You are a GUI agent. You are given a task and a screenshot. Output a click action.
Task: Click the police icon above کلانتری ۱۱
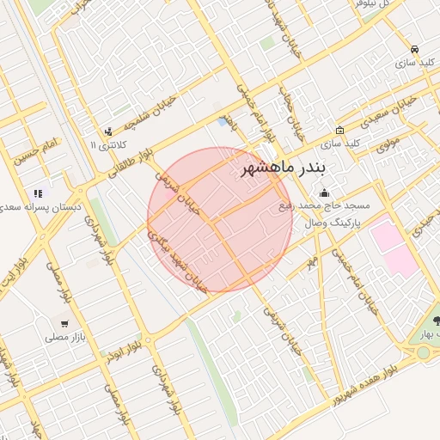coord(108,131)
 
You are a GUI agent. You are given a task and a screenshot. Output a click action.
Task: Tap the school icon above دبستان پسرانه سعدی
coord(38,194)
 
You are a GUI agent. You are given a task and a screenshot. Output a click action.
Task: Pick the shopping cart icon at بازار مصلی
coord(64,325)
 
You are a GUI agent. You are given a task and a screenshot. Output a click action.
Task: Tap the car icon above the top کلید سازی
coord(415,49)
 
